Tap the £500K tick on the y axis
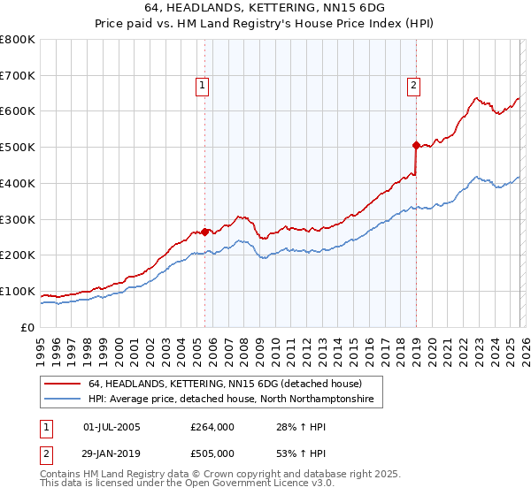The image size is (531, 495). [18, 148]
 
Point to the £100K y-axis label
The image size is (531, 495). [18, 292]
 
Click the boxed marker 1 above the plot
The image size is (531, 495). [203, 86]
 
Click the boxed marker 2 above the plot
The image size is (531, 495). [413, 86]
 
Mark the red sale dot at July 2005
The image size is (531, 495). [204, 232]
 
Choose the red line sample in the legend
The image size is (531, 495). [63, 385]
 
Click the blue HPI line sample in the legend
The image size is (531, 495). [63, 400]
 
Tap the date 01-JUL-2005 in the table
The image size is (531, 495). [112, 427]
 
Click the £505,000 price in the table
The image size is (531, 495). [212, 453]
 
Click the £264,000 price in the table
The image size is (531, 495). [212, 427]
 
